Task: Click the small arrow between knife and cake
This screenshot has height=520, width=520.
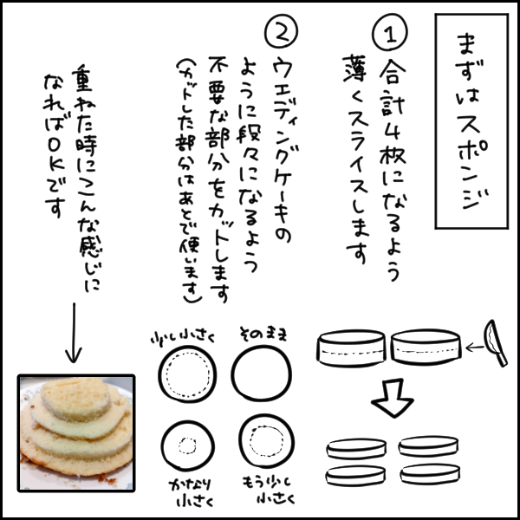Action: [x=470, y=348]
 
